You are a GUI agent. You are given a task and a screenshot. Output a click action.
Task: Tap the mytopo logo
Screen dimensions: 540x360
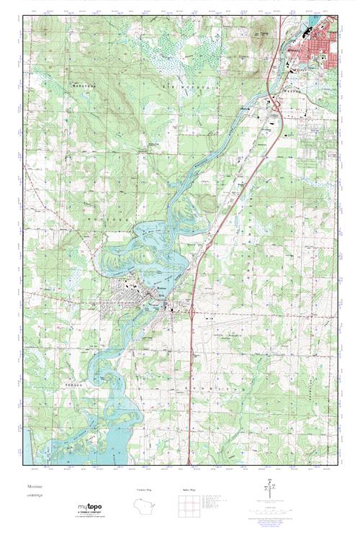(90, 510)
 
